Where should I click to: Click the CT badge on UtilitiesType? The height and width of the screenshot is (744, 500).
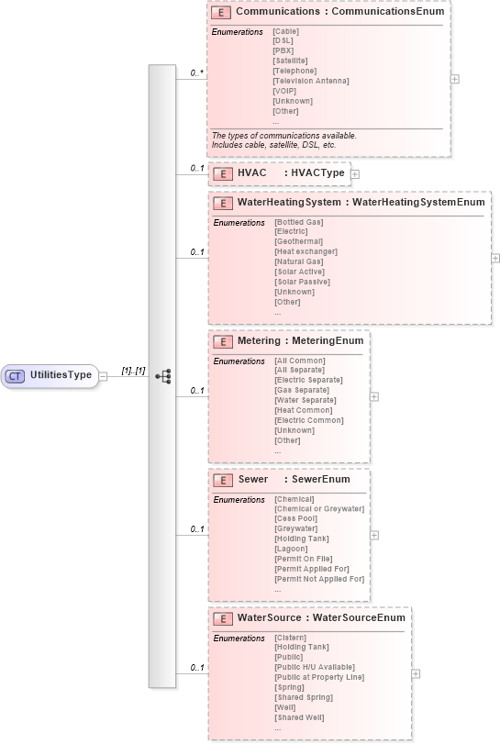click(x=16, y=375)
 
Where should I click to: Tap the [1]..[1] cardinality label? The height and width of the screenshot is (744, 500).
click(x=134, y=370)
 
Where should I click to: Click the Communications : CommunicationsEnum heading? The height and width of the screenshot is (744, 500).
click(x=339, y=12)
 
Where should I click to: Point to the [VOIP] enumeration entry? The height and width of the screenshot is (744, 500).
click(x=284, y=91)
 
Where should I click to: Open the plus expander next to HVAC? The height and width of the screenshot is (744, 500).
click(x=354, y=173)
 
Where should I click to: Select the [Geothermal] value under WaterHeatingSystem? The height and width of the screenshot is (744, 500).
click(x=298, y=241)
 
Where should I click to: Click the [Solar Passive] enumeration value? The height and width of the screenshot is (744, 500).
click(x=302, y=282)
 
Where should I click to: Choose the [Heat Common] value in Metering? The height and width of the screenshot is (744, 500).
click(x=303, y=410)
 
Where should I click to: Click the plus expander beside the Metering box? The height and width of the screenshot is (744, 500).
click(x=374, y=396)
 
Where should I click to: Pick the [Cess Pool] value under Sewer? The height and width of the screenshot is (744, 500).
click(x=295, y=518)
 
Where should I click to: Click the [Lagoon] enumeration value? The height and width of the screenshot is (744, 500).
click(x=290, y=549)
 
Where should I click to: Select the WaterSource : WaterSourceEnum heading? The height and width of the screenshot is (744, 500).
click(x=321, y=618)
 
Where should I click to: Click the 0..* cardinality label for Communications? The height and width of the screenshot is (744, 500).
click(x=196, y=72)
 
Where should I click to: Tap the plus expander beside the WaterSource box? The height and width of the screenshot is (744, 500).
click(x=416, y=673)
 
